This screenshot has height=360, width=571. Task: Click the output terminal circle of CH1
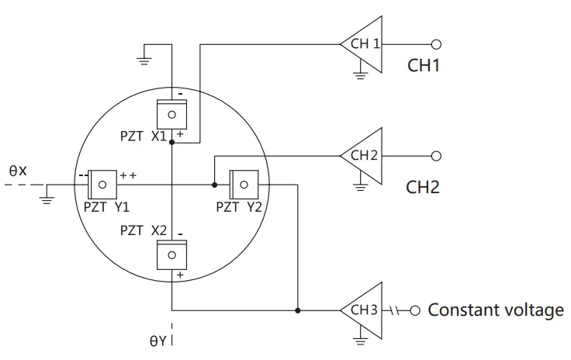[436, 44]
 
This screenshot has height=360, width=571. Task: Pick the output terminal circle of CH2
[436, 156]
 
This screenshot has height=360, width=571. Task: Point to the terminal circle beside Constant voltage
[415, 311]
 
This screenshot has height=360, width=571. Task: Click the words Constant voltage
[496, 311]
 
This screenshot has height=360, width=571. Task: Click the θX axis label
[17, 169]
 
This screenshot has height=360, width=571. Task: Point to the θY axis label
[157, 341]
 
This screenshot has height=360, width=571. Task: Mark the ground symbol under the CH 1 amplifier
[359, 75]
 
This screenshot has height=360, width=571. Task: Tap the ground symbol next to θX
[47, 199]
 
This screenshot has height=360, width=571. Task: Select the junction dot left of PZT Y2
[214, 185]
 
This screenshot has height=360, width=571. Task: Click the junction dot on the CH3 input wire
[297, 311]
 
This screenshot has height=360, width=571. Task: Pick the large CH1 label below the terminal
[424, 66]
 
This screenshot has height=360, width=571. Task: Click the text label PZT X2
[144, 231]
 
